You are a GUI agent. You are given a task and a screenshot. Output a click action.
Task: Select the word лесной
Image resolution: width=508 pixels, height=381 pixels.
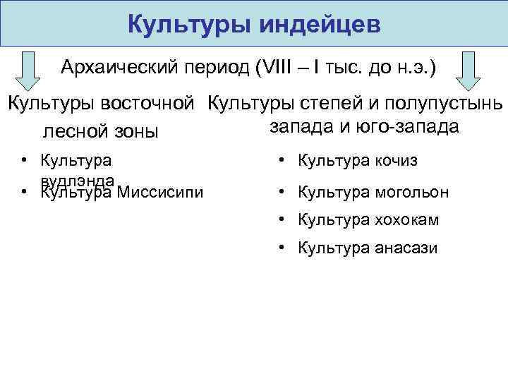(x=75, y=131)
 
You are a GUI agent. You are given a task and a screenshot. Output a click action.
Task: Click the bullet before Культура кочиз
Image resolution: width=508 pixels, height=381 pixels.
(x=282, y=161)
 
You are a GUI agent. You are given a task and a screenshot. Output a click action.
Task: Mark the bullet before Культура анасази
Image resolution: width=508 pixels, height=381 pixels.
(x=282, y=248)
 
